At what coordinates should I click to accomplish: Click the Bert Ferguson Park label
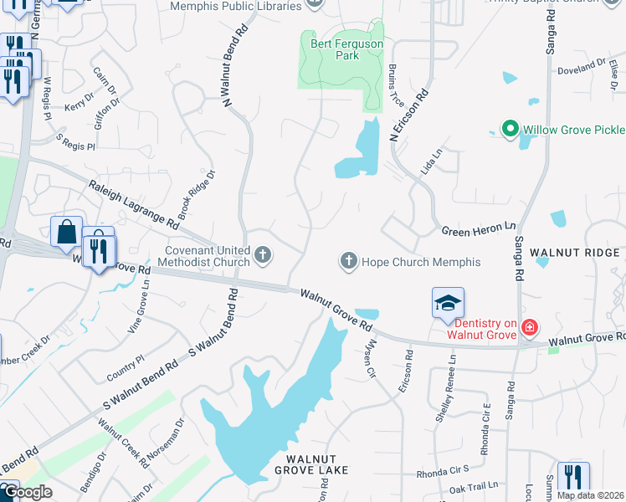click(335, 49)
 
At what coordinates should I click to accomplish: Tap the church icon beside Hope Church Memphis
click(349, 262)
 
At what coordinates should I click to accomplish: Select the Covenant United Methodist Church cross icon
click(264, 255)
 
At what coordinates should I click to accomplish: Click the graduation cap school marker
click(448, 303)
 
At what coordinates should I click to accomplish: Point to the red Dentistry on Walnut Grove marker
click(529, 327)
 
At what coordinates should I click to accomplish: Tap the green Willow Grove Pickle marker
click(508, 130)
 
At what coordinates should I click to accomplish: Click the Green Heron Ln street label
click(479, 228)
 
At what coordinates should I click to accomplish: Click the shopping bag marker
click(66, 232)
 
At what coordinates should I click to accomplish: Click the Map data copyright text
click(590, 495)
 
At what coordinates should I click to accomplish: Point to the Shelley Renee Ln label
click(452, 378)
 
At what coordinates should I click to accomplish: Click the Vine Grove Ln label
click(138, 306)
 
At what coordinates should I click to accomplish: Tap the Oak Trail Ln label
click(473, 485)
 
